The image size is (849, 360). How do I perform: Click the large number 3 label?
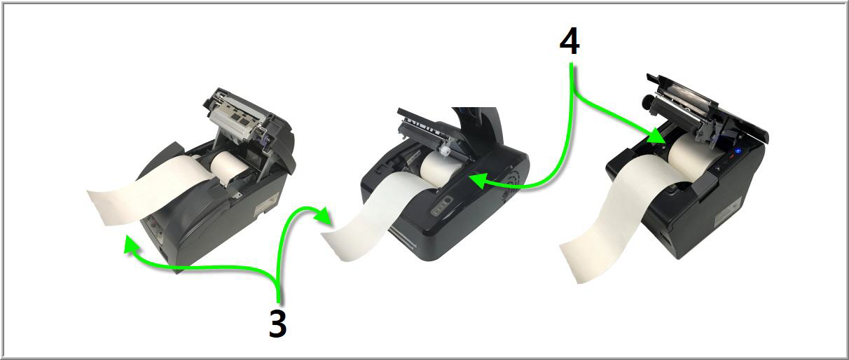(278, 322)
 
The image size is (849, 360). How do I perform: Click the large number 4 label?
(570, 43)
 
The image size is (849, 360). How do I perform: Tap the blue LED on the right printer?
(738, 151)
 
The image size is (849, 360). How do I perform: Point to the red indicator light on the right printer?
(731, 155)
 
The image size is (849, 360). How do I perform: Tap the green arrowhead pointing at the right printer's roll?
(656, 138)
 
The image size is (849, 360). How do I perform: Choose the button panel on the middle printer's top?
(442, 207)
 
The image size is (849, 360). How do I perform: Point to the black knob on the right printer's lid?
(647, 101)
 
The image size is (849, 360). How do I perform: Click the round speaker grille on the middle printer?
(505, 194)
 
